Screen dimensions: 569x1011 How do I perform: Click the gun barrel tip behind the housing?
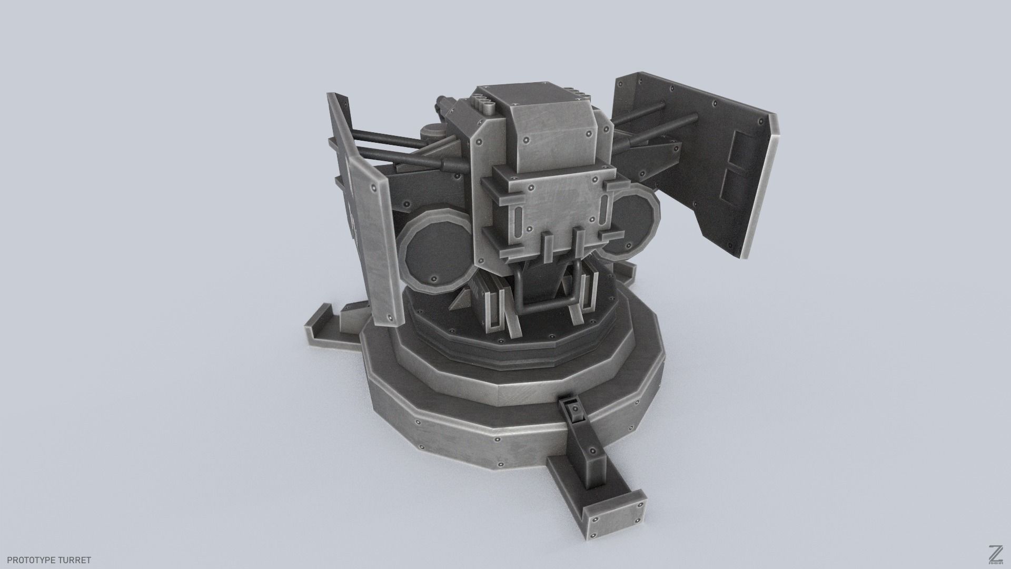pos(442,103)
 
